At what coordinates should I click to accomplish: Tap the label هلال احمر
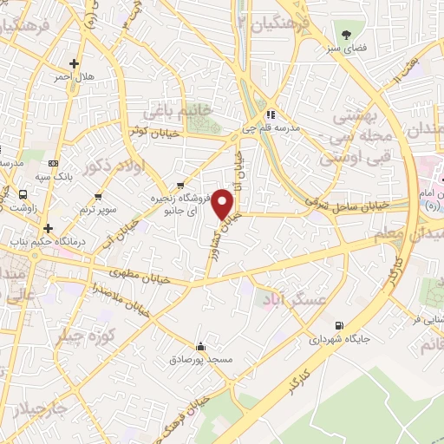[74, 77]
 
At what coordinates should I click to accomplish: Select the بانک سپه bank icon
[55, 164]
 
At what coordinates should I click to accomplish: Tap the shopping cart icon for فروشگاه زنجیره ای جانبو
[180, 185]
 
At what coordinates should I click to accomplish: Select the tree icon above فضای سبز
[347, 36]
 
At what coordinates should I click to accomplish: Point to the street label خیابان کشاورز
[219, 235]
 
